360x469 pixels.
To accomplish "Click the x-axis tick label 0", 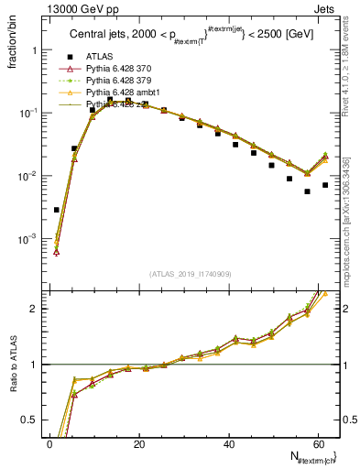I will pos(49,443).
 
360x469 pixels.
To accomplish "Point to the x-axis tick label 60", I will pos(316,443).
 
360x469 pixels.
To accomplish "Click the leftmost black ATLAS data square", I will pos(57,210).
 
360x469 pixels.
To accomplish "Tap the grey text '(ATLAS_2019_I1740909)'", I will pos(190,275).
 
